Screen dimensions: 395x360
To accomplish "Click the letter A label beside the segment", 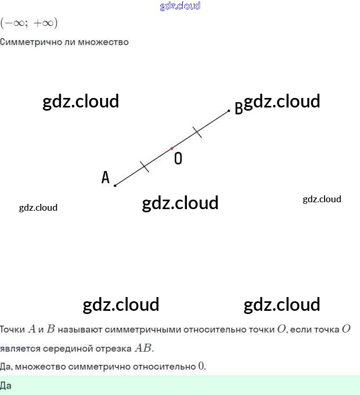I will pyautogui.click(x=105, y=177).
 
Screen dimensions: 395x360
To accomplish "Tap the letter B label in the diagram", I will pyautogui.click(x=238, y=108).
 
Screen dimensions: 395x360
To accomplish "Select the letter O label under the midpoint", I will pyautogui.click(x=178, y=158).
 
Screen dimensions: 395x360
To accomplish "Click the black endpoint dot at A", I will pyautogui.click(x=115, y=185).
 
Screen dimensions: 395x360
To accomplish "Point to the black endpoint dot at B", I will pyautogui.click(x=229, y=111).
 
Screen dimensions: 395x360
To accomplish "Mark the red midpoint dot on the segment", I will pyautogui.click(x=172, y=148).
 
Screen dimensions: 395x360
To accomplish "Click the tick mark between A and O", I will pyautogui.click(x=145, y=167).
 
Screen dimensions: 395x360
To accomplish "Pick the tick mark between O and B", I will pyautogui.click(x=197, y=132).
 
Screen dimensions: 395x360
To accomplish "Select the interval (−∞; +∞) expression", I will pyautogui.click(x=29, y=23).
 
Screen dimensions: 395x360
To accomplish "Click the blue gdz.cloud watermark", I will pyautogui.click(x=180, y=6).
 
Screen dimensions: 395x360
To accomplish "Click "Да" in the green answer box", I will pyautogui.click(x=6, y=385).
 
